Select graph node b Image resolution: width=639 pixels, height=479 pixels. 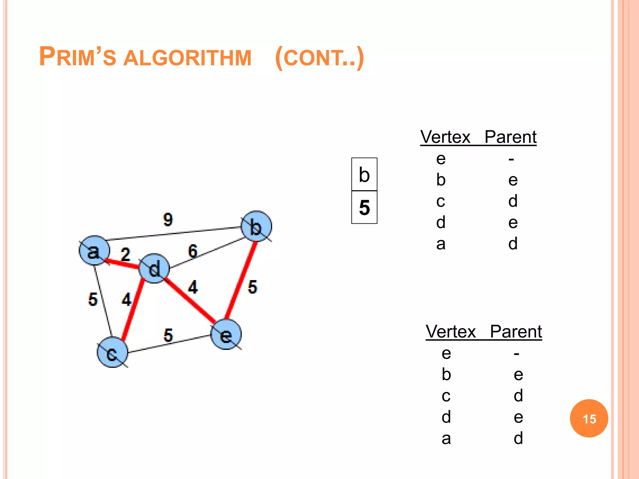(256, 226)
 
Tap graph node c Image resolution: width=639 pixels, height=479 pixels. (112, 352)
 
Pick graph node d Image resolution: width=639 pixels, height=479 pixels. (154, 269)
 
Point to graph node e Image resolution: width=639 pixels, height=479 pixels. (226, 335)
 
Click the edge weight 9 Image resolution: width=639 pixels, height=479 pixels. (168, 219)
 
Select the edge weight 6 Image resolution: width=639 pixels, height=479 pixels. (193, 251)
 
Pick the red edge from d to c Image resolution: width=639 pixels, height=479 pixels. (133, 309)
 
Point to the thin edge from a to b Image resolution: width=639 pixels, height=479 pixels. (175, 234)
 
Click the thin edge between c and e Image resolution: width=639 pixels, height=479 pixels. (168, 344)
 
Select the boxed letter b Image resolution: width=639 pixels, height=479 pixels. (364, 175)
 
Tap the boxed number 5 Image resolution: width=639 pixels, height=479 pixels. (364, 207)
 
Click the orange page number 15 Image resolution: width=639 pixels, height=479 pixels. (589, 419)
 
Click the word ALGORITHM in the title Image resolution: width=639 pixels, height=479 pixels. (187, 58)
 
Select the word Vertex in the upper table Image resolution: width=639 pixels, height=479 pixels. (445, 137)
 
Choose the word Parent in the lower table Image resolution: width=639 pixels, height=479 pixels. (516, 331)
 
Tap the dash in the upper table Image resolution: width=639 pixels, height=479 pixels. (511, 160)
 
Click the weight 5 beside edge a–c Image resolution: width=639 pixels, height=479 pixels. (93, 299)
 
